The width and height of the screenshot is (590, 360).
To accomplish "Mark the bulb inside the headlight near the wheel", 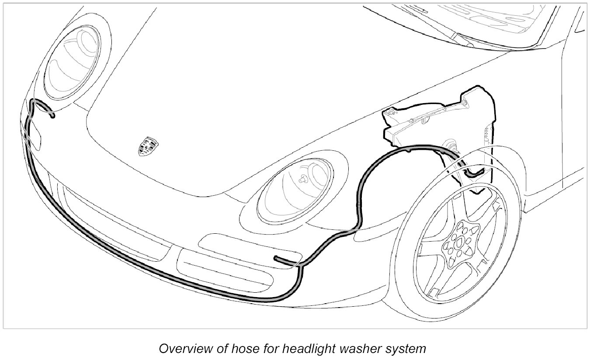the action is tap(302, 179).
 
